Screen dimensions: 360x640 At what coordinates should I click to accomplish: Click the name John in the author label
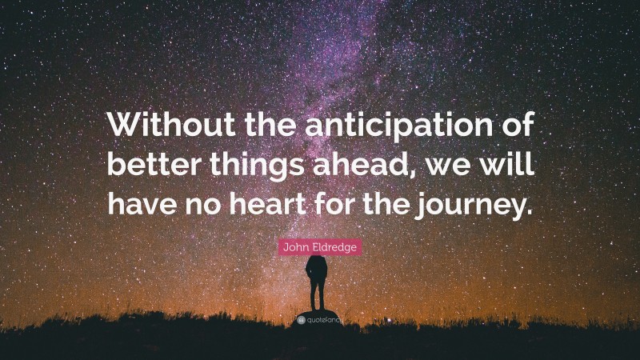pos(294,248)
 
